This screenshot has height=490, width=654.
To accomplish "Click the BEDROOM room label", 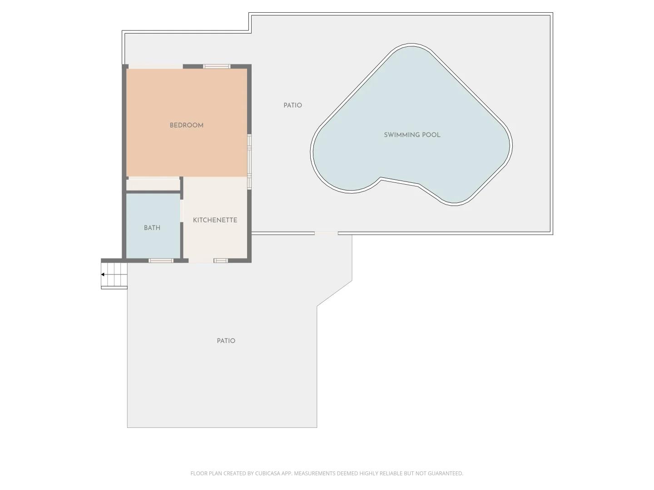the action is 187,125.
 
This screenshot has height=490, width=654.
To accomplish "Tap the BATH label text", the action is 152,228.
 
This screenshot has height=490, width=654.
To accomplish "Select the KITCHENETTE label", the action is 215,220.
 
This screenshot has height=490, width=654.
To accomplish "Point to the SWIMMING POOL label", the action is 412,135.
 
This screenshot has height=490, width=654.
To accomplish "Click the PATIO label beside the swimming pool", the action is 292,105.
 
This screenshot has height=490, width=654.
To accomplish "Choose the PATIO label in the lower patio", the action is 226,341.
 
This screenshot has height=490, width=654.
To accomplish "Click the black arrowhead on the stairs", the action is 103,274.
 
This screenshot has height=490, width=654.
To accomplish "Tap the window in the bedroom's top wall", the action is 217,66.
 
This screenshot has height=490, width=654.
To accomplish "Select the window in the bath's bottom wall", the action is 161,260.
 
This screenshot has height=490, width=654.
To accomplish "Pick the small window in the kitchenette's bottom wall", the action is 221,260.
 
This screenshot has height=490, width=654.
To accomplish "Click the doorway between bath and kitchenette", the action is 182,211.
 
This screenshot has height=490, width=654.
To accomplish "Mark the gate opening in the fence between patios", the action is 326,233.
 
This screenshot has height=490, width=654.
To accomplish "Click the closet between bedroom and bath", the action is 153,185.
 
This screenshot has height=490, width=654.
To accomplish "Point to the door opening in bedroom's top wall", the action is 155,66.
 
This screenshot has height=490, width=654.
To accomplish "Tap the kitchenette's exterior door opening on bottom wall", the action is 201,260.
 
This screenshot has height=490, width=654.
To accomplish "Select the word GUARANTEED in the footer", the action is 445,473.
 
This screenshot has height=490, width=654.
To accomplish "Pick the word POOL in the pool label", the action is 431,135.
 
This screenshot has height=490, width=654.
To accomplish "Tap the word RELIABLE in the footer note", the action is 391,473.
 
